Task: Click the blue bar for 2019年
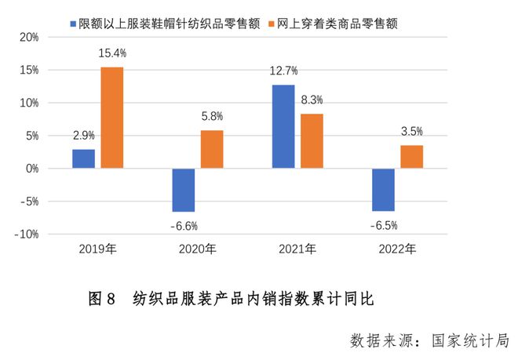(x=83, y=158)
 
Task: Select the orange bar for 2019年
(x=111, y=118)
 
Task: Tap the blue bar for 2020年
(x=184, y=190)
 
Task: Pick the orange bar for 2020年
(x=212, y=149)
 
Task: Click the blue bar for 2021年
(x=283, y=126)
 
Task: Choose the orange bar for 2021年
(x=312, y=140)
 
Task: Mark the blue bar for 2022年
(x=383, y=190)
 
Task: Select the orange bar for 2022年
(x=411, y=157)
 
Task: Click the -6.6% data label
(x=184, y=226)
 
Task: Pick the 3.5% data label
(x=411, y=131)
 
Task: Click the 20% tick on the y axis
(x=28, y=37)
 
